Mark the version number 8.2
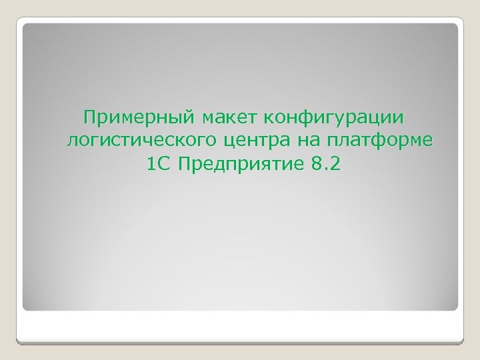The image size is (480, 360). point(325,164)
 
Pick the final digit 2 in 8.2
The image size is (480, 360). point(334,164)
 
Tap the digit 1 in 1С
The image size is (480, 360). point(148,164)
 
